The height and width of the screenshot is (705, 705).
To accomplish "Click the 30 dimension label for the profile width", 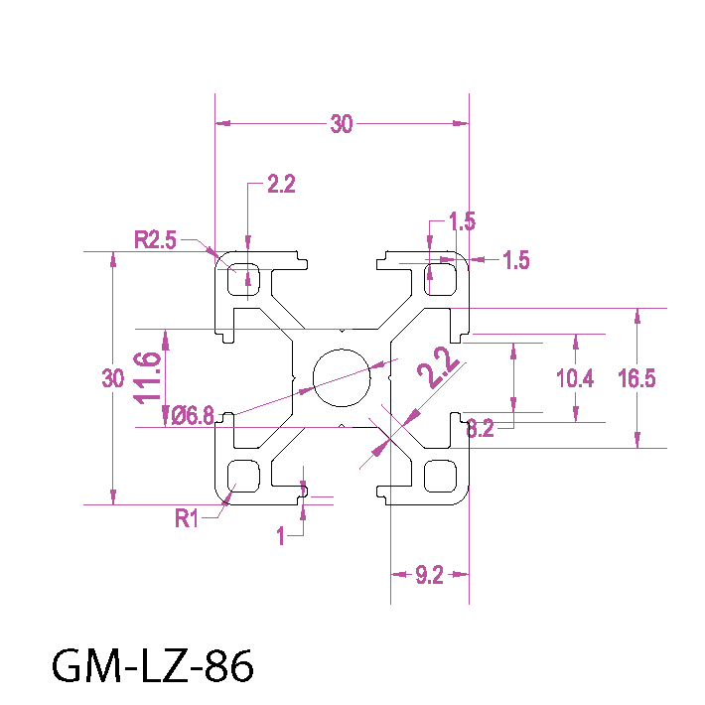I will click(x=342, y=124).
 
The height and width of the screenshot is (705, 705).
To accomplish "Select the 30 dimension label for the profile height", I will click(x=113, y=378).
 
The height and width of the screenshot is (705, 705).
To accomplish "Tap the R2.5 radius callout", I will click(x=156, y=238).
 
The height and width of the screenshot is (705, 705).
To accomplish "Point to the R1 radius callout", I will click(x=188, y=517).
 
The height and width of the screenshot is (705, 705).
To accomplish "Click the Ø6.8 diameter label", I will click(x=193, y=416).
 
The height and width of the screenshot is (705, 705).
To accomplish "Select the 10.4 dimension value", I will click(x=576, y=378).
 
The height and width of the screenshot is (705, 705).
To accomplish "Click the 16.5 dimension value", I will click(x=636, y=378).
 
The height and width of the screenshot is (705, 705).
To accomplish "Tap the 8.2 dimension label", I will click(x=480, y=429).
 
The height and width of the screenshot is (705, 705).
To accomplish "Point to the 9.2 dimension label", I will click(x=429, y=575).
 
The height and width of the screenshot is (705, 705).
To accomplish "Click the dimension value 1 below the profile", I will click(x=281, y=536).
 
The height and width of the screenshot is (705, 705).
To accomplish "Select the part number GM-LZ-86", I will click(x=152, y=666).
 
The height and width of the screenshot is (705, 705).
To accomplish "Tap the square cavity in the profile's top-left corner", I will click(x=243, y=280).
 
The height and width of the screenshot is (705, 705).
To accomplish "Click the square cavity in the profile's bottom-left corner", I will click(x=243, y=476).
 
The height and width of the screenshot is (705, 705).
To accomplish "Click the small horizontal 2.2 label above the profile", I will click(x=282, y=184).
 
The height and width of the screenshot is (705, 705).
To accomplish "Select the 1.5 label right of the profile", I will click(x=516, y=261).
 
